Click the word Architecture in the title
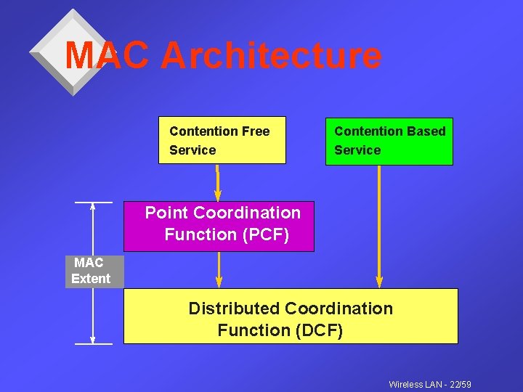click(270, 56)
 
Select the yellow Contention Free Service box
click(222, 140)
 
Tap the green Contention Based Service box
click(389, 141)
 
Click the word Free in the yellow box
click(256, 131)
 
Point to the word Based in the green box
click(428, 131)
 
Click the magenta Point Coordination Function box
click(219, 226)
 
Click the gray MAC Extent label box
click(94, 271)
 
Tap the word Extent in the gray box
click(91, 279)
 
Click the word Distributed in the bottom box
click(234, 309)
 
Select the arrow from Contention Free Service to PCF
click(217, 182)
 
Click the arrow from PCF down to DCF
click(219, 269)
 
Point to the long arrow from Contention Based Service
click(378, 225)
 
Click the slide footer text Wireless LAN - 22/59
click(430, 384)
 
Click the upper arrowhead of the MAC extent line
click(93, 207)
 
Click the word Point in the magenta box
click(166, 213)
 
